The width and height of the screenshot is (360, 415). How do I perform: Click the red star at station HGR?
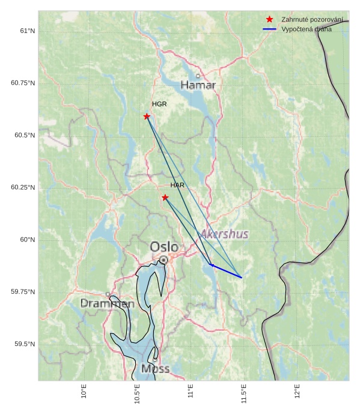147,116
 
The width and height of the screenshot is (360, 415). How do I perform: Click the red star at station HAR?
165,197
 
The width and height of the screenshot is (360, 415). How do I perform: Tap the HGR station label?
159,104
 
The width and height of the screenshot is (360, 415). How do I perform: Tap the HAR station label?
177,185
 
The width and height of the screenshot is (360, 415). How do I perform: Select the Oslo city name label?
164,246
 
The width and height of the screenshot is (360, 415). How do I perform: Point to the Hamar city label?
198,85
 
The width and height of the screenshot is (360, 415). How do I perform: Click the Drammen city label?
108,304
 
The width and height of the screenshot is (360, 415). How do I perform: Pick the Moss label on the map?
156,368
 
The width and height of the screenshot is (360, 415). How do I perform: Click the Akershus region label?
224,234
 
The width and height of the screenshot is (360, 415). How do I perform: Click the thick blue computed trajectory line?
226,271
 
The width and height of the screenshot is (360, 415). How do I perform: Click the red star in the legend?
269,20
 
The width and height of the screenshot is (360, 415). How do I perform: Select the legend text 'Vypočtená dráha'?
306,29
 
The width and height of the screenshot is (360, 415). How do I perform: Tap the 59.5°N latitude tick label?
25,344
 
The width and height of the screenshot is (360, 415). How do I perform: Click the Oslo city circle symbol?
163,259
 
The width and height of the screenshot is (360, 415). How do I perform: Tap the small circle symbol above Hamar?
198,76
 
